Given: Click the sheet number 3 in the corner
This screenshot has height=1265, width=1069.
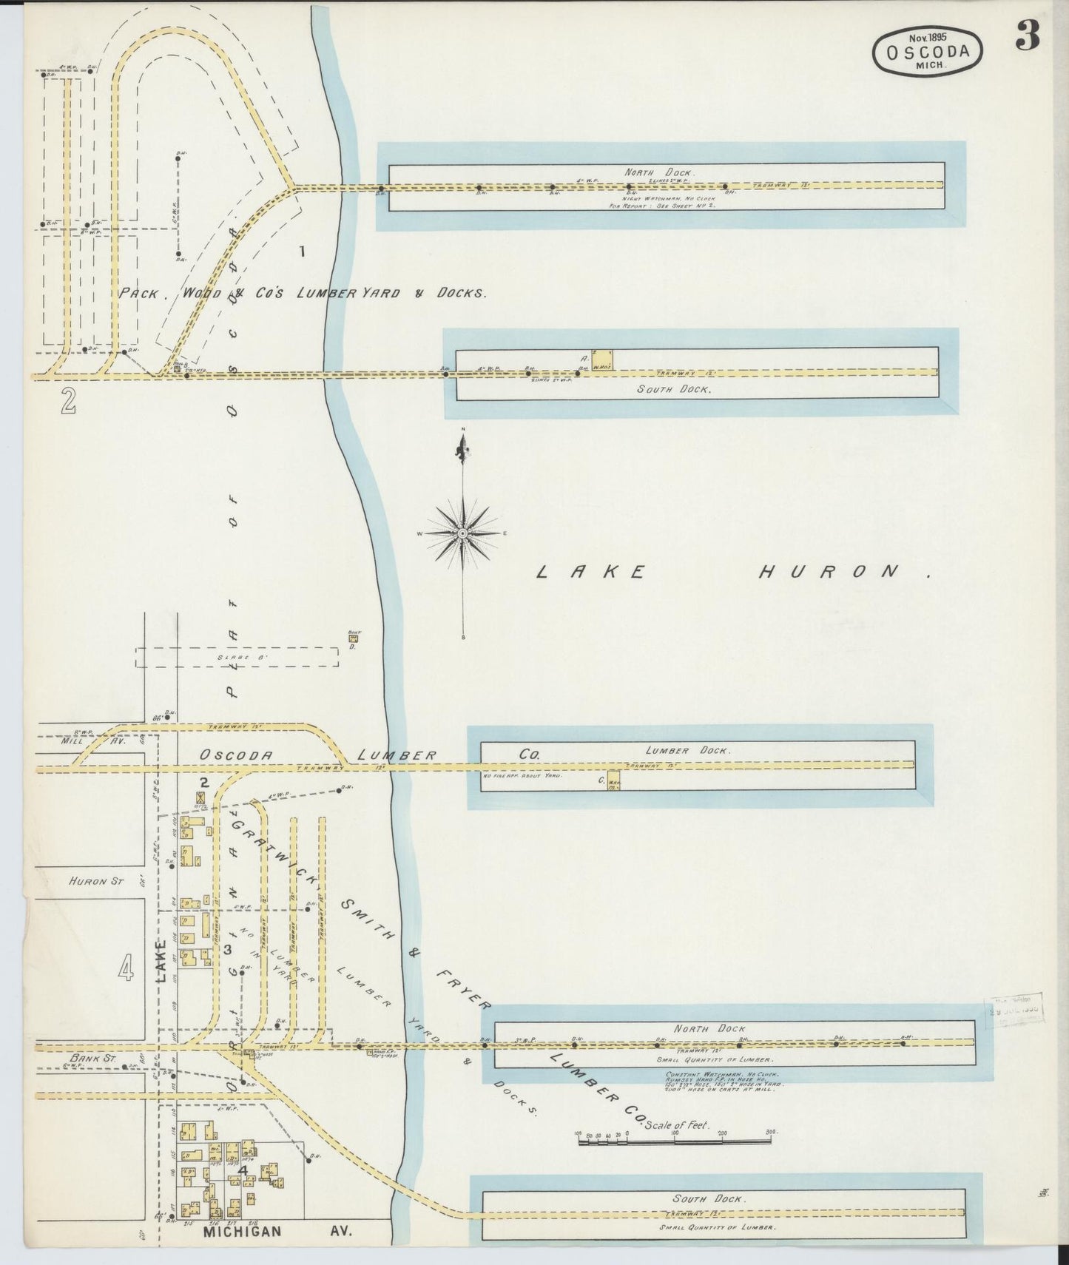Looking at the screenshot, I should (x=1028, y=34).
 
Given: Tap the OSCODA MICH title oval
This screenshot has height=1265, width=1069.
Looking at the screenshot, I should (x=929, y=51).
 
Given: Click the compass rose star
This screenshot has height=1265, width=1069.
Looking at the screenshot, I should (x=463, y=533).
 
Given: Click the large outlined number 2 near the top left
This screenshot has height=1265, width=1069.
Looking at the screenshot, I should (x=69, y=401).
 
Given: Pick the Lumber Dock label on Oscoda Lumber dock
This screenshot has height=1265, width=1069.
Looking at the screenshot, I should (x=688, y=750).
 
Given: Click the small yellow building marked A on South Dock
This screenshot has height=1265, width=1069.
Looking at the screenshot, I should (x=601, y=359).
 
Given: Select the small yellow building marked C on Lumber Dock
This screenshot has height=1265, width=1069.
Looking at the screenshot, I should (x=613, y=780).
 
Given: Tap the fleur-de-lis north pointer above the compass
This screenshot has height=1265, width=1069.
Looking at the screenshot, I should (x=463, y=448).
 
